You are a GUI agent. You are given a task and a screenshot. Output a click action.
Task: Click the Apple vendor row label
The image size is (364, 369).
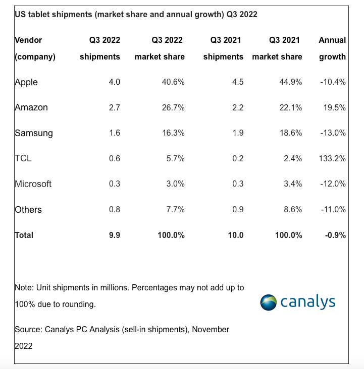pos(26,82)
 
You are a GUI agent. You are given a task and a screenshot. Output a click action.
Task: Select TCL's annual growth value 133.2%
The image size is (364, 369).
pos(332,158)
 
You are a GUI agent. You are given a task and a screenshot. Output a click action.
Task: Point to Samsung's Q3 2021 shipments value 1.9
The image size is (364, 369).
pos(237,133)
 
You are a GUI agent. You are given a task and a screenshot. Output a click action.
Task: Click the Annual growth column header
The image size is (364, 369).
pos(332,48)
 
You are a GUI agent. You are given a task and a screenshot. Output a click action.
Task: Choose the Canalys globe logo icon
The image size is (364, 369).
pos(269,302)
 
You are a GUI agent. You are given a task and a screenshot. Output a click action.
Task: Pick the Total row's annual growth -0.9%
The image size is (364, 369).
pos(334,235)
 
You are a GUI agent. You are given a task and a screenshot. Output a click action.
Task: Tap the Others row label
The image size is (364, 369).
pos(29,209)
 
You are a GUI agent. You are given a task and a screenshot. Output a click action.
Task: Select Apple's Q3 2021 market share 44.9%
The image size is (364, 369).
pos(288,82)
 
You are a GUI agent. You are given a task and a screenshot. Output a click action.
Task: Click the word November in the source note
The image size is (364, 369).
pos(210,329)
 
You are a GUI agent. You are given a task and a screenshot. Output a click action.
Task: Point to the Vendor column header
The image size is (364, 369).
pos(28,40)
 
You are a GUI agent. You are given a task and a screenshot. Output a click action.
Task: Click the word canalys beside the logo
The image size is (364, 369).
pos(307,301)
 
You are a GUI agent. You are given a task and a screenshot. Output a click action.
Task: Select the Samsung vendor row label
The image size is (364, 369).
pos(33,133)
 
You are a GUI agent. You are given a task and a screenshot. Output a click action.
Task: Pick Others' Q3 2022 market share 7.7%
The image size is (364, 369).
pos(175,209)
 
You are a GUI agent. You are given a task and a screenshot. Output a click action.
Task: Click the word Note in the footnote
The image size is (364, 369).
pos(23,287)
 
